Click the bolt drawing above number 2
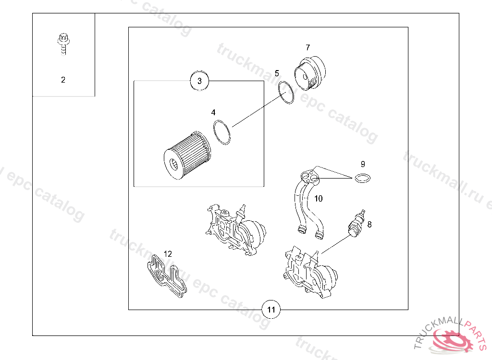[64, 44]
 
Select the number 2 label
[63, 80]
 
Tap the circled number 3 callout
[199, 81]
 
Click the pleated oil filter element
[188, 155]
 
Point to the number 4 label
[213, 112]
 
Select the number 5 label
[277, 73]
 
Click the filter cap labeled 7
[310, 73]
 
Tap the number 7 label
[308, 48]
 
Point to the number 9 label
[363, 164]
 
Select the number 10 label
[318, 199]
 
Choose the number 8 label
[369, 225]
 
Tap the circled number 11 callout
[271, 310]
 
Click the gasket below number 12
[167, 276]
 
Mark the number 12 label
[168, 254]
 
